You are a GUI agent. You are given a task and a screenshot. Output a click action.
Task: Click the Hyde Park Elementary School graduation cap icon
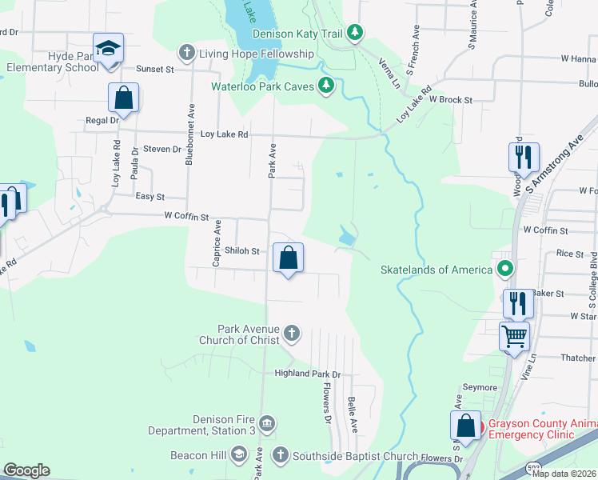(x=107, y=49)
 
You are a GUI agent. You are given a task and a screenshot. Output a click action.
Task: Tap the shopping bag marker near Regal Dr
(x=124, y=98)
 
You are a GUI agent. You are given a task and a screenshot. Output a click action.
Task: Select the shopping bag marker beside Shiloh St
(x=289, y=258)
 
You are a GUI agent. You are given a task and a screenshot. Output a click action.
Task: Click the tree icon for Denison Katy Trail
(x=354, y=33)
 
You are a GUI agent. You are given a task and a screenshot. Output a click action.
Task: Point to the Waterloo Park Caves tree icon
(x=325, y=86)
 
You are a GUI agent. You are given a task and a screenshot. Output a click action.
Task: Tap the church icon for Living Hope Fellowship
(x=186, y=53)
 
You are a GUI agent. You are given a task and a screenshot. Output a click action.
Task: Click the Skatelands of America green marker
(x=504, y=269)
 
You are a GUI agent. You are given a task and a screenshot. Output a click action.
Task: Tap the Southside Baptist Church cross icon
(x=280, y=456)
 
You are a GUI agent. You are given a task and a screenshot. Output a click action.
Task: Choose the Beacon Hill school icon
(x=237, y=456)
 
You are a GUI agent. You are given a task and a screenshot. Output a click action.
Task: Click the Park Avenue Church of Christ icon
(x=292, y=333)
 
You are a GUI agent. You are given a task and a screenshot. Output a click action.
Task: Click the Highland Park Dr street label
(x=307, y=374)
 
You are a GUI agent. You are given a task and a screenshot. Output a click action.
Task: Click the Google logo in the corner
(x=26, y=470)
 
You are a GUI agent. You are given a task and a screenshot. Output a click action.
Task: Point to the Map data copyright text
(x=564, y=474)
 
